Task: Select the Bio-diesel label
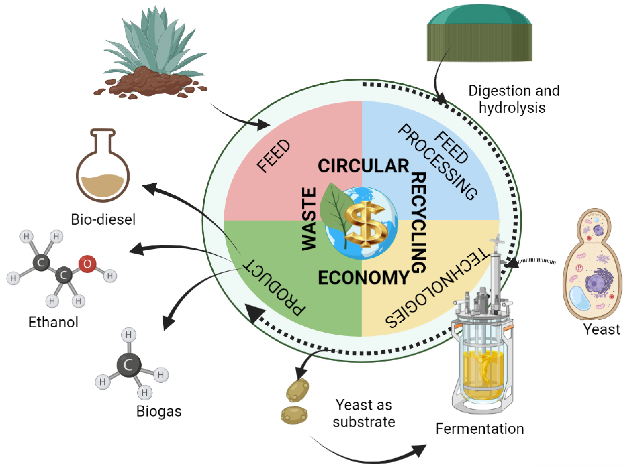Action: coord(103,220)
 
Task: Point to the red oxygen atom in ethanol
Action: coord(87,264)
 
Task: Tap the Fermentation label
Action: coord(479,429)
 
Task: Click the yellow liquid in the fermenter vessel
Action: coord(481,373)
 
